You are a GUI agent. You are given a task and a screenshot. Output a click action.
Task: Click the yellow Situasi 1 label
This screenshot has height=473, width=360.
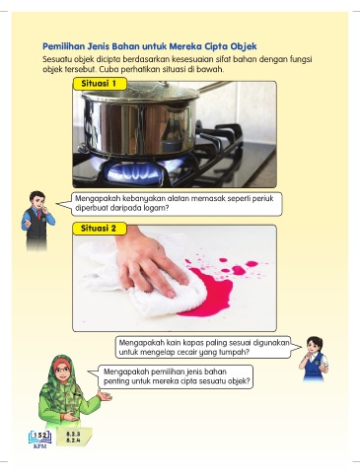point(100,84)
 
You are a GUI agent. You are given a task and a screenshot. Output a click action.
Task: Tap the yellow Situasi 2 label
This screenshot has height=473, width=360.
point(100,229)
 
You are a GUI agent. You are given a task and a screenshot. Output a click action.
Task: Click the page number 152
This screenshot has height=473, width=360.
point(40,436)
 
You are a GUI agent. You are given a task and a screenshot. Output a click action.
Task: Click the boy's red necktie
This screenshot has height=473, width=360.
point(39,214)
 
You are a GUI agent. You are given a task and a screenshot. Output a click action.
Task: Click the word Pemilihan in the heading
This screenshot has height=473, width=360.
point(62,46)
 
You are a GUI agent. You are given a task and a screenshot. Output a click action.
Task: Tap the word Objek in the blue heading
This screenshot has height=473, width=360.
point(244,46)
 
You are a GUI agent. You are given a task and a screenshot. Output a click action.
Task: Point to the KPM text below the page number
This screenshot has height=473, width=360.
point(40,446)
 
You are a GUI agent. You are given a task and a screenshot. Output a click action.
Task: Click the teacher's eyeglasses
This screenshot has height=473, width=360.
point(62,371)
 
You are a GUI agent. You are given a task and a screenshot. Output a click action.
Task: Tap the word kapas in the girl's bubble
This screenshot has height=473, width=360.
point(193,343)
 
